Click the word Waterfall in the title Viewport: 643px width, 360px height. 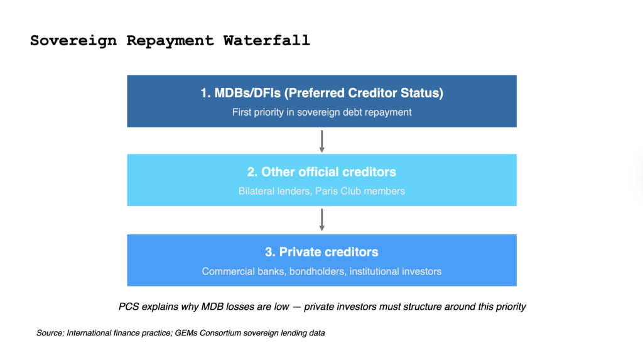point(266,41)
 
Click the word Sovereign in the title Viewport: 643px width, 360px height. point(73,41)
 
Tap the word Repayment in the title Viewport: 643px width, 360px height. point(170,41)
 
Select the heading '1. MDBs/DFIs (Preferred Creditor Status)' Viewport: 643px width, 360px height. point(322,93)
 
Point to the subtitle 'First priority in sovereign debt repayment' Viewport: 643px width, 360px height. point(322,112)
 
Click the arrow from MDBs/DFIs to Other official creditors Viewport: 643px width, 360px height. point(322,141)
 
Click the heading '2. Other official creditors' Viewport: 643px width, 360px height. point(322,172)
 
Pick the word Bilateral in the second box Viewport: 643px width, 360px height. point(254,191)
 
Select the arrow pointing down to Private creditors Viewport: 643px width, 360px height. point(322,220)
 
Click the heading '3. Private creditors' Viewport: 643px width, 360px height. point(322,252)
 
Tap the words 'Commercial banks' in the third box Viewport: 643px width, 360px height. point(244,271)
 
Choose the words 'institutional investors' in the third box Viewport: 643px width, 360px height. point(396,271)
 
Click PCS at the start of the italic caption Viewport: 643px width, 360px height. point(129,307)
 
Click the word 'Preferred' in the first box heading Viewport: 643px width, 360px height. point(316,93)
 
